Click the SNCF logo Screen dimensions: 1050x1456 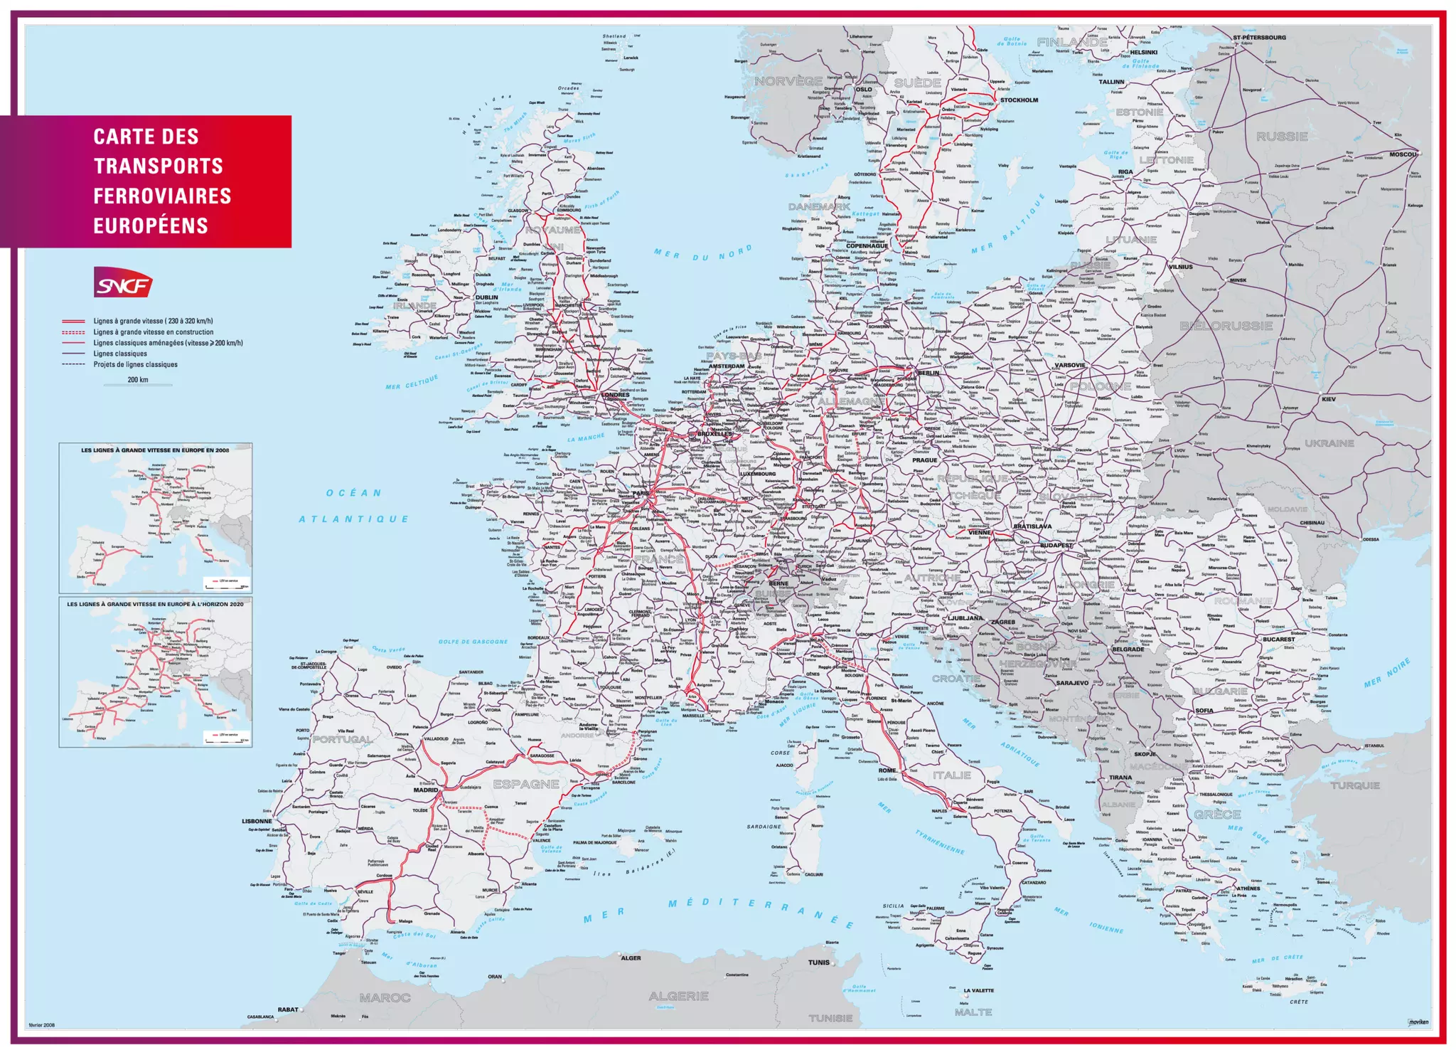pyautogui.click(x=123, y=282)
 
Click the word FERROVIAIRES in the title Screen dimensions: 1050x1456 pyautogui.click(x=162, y=196)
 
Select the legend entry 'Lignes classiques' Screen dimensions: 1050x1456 pyautogui.click(x=120, y=354)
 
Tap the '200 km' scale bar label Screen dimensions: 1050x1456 pyautogui.click(x=138, y=380)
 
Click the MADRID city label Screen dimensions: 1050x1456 pyautogui.click(x=426, y=790)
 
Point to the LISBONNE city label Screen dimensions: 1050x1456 pyautogui.click(x=257, y=821)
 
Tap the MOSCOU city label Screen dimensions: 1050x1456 pyautogui.click(x=1403, y=154)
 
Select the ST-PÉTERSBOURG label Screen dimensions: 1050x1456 pyautogui.click(x=1259, y=38)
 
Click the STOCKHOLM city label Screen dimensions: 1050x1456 pyautogui.click(x=1019, y=100)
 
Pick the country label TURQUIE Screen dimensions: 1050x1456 pyautogui.click(x=1355, y=785)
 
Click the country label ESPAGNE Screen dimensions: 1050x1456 pyautogui.click(x=526, y=784)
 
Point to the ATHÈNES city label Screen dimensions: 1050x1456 pyautogui.click(x=1248, y=889)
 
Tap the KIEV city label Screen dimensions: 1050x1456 pyautogui.click(x=1328, y=399)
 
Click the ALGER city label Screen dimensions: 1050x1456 pyautogui.click(x=631, y=958)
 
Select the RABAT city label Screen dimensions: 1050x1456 pyautogui.click(x=288, y=1009)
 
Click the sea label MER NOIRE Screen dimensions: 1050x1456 pyautogui.click(x=1386, y=673)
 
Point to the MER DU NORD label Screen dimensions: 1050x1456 pyautogui.click(x=702, y=253)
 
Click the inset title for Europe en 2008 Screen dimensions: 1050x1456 pyautogui.click(x=155, y=450)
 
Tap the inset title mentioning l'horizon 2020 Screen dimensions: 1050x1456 pyautogui.click(x=155, y=604)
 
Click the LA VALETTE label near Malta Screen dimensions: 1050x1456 pyautogui.click(x=978, y=990)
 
